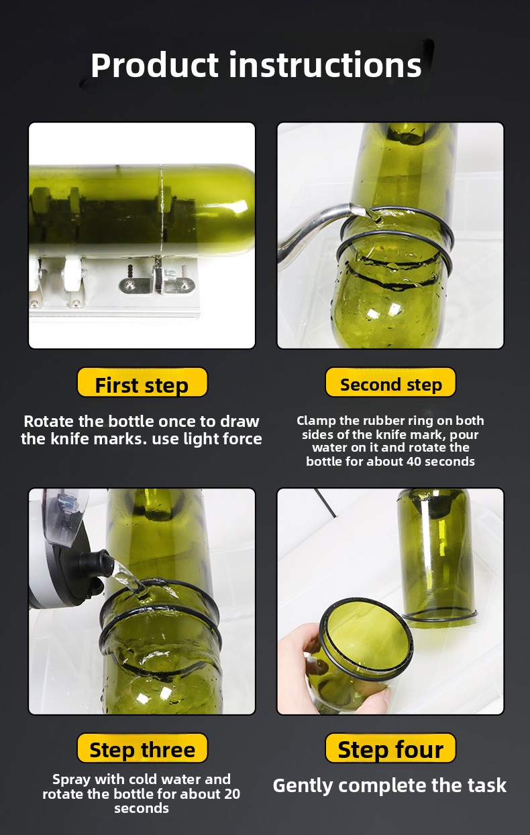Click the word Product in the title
point(154,66)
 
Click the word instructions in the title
point(325,65)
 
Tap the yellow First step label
point(142,383)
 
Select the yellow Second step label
point(390,383)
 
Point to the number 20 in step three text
point(231,794)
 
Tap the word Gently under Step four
point(303,786)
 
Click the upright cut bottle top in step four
point(436,558)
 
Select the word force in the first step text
point(243,439)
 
